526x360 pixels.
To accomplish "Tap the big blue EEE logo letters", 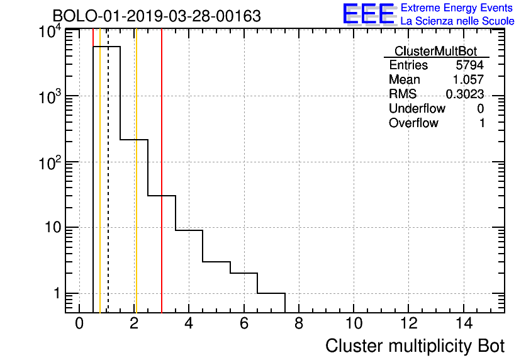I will (x=369, y=14).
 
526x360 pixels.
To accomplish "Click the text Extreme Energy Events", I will (x=457, y=8).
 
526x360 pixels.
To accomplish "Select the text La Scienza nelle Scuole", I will (x=457, y=21).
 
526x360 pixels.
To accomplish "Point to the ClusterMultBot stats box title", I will (x=435, y=51).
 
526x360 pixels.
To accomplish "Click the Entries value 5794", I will (x=470, y=65).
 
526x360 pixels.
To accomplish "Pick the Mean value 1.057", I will (x=468, y=80).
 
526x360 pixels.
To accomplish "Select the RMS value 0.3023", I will (x=465, y=94).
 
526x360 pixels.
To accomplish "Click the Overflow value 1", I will (x=482, y=123).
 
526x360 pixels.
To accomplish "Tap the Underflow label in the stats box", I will (x=417, y=109).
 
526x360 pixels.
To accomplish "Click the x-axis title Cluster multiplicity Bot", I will (x=415, y=346).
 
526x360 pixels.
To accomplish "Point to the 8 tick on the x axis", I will (x=298, y=323).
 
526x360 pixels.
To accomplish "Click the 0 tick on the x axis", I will (x=79, y=323).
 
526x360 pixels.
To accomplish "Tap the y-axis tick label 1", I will (x=56, y=293).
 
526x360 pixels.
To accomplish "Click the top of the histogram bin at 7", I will (x=271, y=293).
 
